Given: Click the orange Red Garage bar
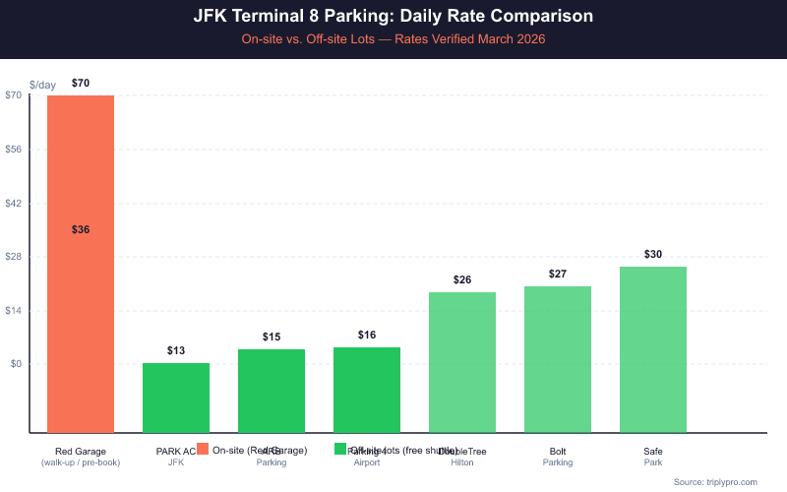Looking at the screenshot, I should (81, 295).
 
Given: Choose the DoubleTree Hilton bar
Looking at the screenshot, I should (462, 361).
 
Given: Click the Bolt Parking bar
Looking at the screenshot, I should (558, 358).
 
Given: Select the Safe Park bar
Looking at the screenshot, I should (653, 348).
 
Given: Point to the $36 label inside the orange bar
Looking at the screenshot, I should (81, 229).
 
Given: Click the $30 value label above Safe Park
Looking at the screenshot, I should (653, 254).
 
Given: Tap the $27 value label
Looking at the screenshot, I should (558, 274).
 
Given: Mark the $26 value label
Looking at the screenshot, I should (462, 279).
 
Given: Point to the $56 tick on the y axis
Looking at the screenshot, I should (14, 150).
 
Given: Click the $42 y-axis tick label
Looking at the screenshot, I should (14, 204).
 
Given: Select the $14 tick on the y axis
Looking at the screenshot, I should (14, 311).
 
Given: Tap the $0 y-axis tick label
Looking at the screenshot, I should (16, 364).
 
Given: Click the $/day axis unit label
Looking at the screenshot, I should (43, 85).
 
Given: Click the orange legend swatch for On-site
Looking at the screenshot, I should (203, 449).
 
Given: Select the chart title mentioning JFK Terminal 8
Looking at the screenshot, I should (393, 17).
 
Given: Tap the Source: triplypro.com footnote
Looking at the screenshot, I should (715, 481).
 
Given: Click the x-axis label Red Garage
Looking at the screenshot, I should (81, 452).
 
